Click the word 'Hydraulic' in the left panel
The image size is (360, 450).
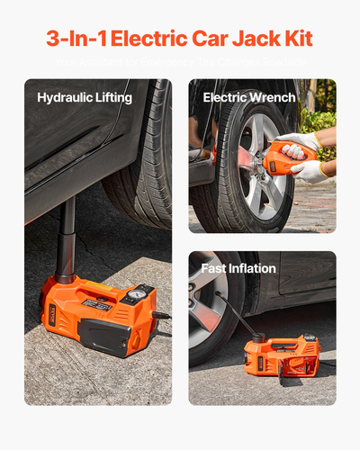67,95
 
